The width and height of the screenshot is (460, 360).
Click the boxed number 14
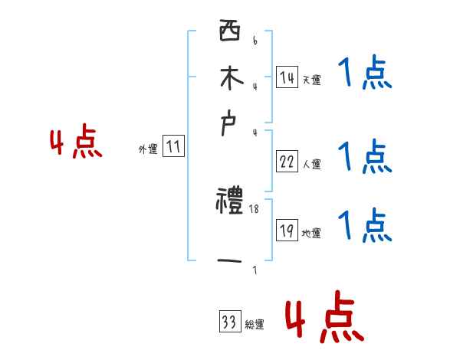tap(287, 78)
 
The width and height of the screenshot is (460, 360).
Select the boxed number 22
tap(287, 162)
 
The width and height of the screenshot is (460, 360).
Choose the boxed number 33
tap(228, 322)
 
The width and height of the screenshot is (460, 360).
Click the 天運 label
tap(311, 80)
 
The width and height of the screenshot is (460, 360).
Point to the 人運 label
tap(311, 163)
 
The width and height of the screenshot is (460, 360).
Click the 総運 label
tap(255, 325)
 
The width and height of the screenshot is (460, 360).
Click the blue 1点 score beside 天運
tap(364, 75)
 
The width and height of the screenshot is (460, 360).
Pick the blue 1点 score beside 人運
tap(364, 157)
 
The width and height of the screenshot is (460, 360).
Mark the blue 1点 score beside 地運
tap(364, 226)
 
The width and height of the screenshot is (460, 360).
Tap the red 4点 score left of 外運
tap(76, 143)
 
